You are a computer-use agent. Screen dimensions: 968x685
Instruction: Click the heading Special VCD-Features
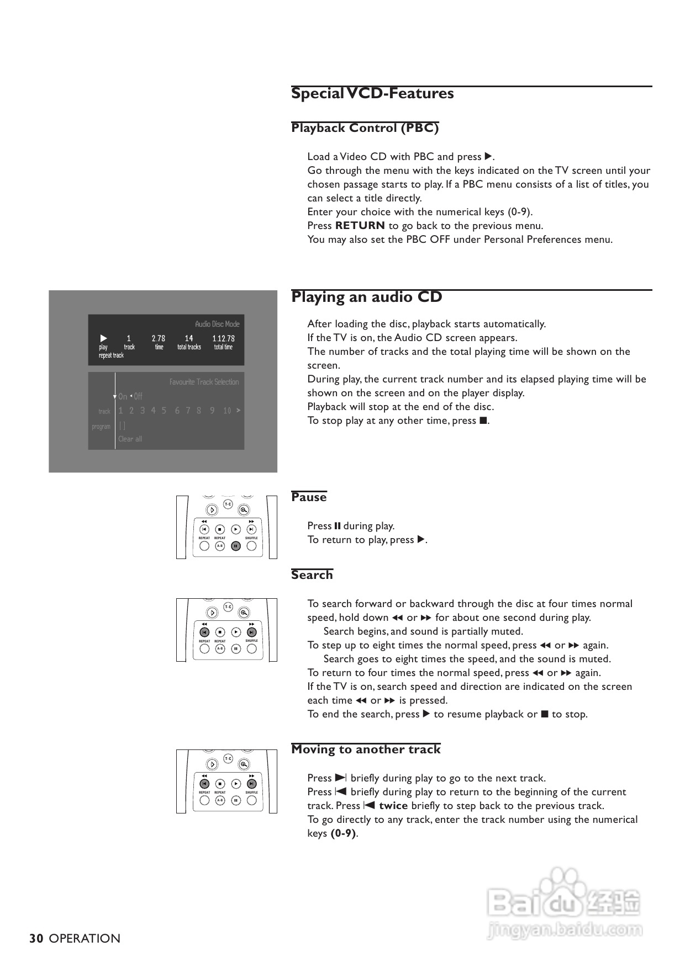(x=372, y=93)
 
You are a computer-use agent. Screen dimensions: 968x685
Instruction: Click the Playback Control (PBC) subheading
(x=365, y=128)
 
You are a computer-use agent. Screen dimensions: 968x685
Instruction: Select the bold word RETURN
(x=360, y=226)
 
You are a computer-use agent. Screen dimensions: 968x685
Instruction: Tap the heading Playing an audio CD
(x=366, y=297)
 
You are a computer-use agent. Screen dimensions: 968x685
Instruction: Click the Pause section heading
(x=309, y=497)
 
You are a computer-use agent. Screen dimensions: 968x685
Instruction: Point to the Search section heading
(x=312, y=575)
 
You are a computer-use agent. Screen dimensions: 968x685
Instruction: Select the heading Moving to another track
(x=366, y=749)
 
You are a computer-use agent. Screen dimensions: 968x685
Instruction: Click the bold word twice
(x=393, y=806)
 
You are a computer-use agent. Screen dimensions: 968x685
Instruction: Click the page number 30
(x=36, y=939)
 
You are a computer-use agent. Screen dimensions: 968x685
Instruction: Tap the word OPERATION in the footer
(x=85, y=939)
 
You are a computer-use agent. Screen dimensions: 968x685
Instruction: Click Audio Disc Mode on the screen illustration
(x=217, y=324)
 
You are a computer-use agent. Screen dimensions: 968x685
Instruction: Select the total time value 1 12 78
(x=224, y=338)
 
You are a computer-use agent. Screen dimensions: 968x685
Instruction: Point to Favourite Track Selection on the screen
(x=204, y=382)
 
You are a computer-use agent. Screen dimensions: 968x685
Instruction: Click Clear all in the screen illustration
(x=130, y=439)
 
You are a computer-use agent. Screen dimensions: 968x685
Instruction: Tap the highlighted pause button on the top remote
(x=236, y=546)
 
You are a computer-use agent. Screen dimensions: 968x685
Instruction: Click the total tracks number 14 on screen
(x=189, y=338)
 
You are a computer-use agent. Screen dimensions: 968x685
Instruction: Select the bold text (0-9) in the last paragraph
(x=343, y=833)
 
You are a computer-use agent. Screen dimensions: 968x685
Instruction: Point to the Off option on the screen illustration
(x=138, y=396)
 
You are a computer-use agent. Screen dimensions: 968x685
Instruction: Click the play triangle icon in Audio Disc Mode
(x=103, y=338)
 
